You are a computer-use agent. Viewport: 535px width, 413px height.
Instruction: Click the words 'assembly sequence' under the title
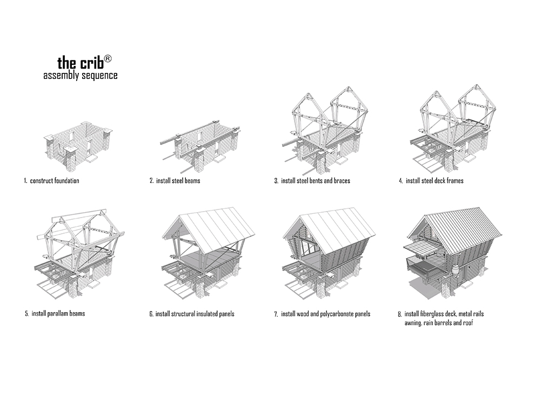click(x=80, y=76)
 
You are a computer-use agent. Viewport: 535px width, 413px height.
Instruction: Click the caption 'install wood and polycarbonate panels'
click(x=325, y=314)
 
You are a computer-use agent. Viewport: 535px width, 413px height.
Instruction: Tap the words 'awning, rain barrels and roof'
click(x=439, y=323)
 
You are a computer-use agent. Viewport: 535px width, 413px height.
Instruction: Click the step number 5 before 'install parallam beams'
click(x=26, y=314)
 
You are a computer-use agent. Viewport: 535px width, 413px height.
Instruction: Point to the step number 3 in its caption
click(x=276, y=180)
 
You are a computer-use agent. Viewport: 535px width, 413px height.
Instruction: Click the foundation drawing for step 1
click(x=79, y=144)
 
